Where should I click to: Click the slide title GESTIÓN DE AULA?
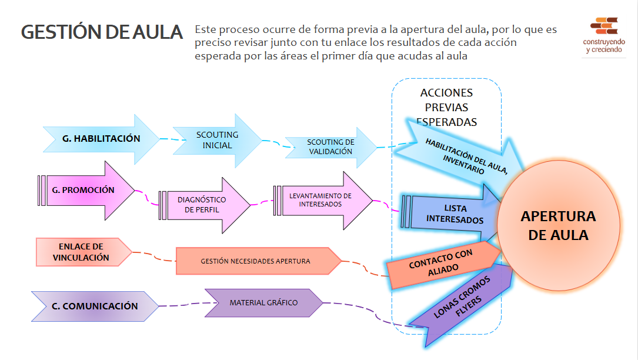(x=102, y=32)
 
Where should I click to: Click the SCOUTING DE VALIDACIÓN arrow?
(x=330, y=147)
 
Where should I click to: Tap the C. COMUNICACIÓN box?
(x=95, y=306)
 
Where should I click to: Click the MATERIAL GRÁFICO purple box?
(x=263, y=303)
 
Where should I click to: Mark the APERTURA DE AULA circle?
(x=558, y=225)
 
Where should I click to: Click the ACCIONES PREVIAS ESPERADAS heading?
(x=446, y=108)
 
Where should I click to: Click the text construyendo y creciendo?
(x=604, y=46)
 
